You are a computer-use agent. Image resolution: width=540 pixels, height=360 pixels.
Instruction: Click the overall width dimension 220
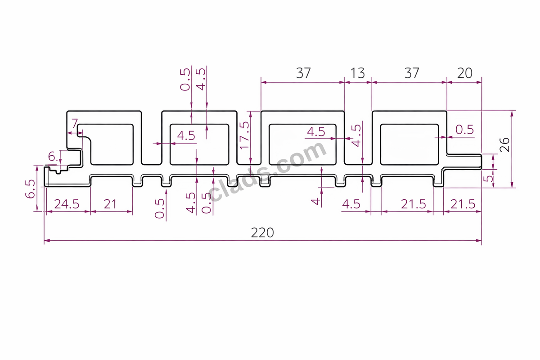click(x=262, y=233)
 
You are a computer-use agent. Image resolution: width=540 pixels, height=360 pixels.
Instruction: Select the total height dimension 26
click(x=505, y=145)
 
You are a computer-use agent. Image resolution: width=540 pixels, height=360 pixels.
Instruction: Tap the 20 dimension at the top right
click(x=464, y=73)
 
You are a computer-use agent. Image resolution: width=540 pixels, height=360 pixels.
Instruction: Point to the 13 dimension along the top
click(x=357, y=73)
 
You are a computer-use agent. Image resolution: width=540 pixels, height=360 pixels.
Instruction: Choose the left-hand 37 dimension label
click(x=303, y=73)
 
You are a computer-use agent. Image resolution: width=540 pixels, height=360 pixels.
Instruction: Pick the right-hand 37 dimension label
click(x=412, y=73)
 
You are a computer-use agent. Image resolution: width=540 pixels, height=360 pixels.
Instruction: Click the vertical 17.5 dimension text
click(x=244, y=135)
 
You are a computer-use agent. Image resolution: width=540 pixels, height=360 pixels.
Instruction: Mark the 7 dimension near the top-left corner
click(x=75, y=123)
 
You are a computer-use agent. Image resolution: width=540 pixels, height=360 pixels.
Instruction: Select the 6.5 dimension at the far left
click(x=30, y=189)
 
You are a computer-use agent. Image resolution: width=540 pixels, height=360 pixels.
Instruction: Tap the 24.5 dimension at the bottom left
click(x=67, y=204)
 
